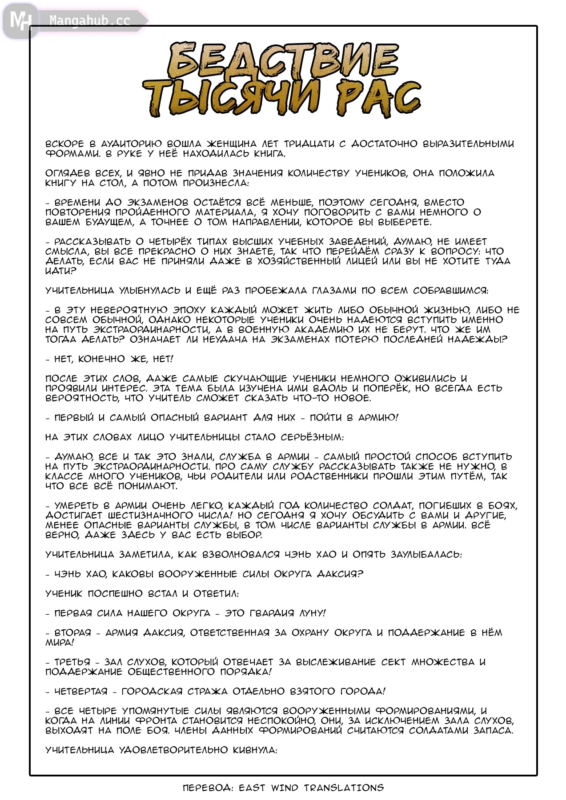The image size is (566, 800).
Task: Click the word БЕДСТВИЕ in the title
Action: click(283, 60)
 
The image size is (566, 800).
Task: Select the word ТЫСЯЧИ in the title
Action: click(231, 97)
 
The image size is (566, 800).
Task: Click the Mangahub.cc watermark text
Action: click(90, 20)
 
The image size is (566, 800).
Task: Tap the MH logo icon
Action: click(20, 20)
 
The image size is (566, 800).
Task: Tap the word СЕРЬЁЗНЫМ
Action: click(312, 437)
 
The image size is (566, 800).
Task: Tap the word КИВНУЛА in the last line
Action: click(255, 750)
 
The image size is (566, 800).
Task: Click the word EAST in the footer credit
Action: click(252, 788)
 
